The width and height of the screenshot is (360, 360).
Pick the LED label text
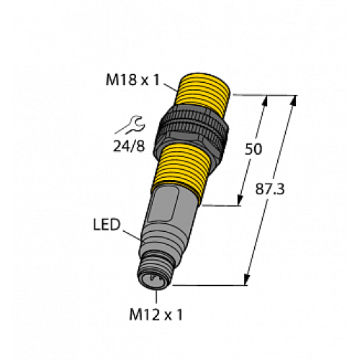pos(108,226)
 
